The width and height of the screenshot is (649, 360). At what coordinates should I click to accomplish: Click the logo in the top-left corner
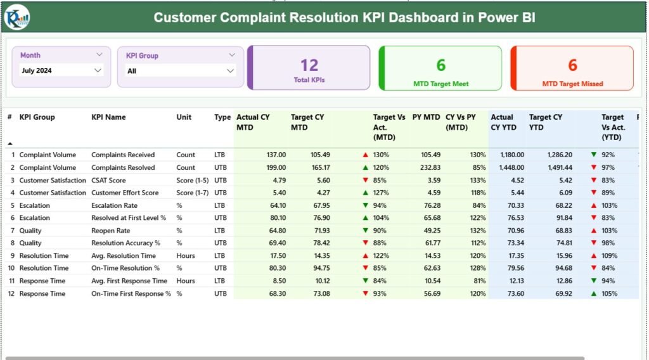16,16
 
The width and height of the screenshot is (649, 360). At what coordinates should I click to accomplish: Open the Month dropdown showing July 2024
61,71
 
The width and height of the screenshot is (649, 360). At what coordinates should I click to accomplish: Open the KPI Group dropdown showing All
181,71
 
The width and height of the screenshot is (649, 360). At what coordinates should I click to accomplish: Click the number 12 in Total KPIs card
309,65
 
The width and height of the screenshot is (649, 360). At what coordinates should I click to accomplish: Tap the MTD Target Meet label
440,84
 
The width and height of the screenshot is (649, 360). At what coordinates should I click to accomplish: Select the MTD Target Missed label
572,84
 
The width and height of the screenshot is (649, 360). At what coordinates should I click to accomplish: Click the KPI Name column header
108,117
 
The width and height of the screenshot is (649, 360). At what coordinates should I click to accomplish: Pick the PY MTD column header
425,117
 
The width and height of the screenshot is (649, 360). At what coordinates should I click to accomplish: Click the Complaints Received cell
123,155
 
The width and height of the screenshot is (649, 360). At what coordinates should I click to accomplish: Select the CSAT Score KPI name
108,180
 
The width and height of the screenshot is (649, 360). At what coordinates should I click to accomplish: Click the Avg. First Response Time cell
129,281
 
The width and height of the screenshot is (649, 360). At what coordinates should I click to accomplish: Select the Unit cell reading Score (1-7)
193,193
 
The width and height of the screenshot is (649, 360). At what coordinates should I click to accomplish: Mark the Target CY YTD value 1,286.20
558,155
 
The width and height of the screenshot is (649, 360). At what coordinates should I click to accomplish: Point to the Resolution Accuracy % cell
126,243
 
